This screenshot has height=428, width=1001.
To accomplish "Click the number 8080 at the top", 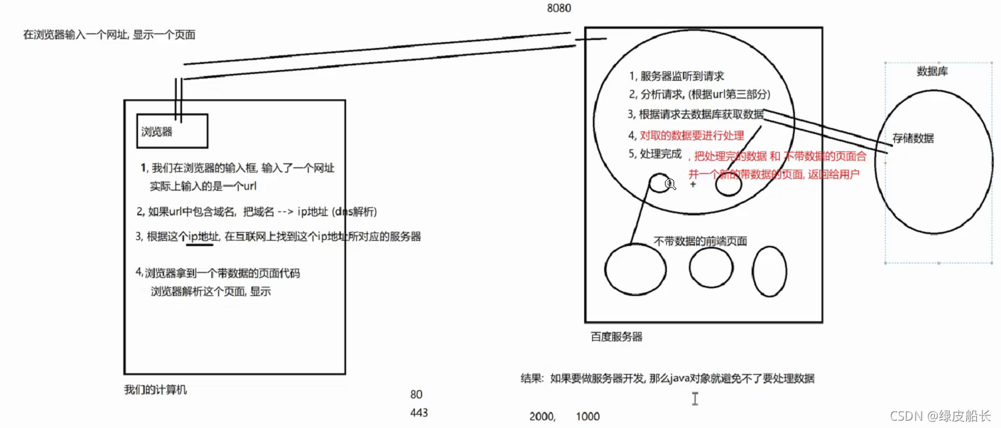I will tap(558, 9).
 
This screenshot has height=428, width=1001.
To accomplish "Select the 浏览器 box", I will tap(173, 131).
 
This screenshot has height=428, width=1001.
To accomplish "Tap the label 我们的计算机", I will tap(155, 389).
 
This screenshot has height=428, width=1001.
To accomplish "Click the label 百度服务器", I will tap(617, 337).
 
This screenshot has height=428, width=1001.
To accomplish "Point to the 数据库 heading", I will tap(932, 71).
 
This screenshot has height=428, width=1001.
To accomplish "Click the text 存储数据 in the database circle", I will tap(913, 139).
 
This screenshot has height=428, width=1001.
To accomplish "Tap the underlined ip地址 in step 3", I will tap(200, 237).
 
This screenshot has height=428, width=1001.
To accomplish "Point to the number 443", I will tap(419, 413).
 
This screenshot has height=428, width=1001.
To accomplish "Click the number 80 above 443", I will tap(416, 395).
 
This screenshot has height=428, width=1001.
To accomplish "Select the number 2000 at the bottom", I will tap(542, 417).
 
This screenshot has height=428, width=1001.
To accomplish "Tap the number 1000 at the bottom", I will tap(588, 417).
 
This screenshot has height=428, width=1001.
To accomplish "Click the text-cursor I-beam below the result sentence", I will tap(695, 399).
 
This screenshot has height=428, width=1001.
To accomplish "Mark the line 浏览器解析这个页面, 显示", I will tap(211, 291).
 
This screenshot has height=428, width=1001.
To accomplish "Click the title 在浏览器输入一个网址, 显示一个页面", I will tap(109, 35).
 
